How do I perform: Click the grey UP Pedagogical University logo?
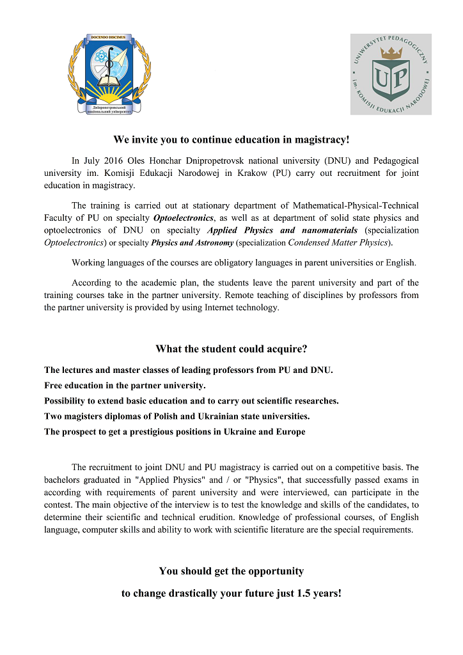(391, 74)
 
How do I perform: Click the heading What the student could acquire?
(231, 349)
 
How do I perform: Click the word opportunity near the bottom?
(272, 571)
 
